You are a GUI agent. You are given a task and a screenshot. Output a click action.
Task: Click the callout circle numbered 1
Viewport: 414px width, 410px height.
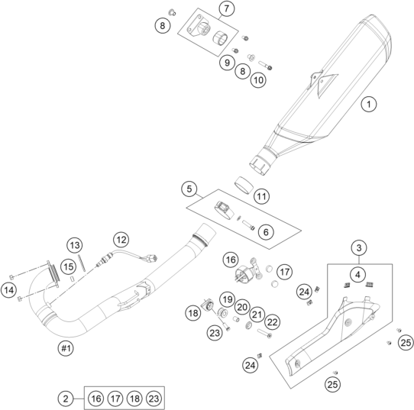[x=369, y=104]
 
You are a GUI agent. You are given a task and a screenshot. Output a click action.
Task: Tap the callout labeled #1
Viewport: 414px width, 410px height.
[x=66, y=348]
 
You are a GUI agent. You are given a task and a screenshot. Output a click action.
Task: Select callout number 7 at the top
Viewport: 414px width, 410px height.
[x=227, y=8]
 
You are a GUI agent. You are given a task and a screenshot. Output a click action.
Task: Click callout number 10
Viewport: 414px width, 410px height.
[x=258, y=79]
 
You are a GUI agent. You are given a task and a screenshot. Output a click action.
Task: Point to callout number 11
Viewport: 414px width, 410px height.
[x=261, y=196]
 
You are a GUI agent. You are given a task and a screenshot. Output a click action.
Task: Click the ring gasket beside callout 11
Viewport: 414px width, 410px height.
[x=244, y=185]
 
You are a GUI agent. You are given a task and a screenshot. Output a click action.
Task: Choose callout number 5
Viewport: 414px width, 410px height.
[x=189, y=189]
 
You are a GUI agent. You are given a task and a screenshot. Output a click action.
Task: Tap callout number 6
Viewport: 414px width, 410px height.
[x=266, y=232]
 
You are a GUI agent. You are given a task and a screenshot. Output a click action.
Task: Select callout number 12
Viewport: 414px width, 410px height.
[x=121, y=240]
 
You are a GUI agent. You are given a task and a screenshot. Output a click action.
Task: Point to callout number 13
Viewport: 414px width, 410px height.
[x=74, y=245]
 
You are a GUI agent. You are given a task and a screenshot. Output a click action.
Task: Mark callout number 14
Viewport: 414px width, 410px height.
[x=8, y=290]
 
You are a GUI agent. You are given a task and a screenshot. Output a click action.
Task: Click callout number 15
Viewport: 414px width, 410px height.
[x=68, y=266]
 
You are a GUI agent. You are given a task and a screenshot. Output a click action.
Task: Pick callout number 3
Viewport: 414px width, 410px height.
[x=359, y=247]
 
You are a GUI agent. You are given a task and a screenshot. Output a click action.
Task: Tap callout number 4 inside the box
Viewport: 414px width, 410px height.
[x=357, y=275]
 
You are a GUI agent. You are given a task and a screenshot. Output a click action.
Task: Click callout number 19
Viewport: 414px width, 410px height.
[x=228, y=299]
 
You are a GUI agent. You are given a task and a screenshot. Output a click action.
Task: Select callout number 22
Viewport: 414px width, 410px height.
[x=272, y=322]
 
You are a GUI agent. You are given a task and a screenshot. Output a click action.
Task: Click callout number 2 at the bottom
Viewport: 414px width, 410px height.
[x=66, y=399]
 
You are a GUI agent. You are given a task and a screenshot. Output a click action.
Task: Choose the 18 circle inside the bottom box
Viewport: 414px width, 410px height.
[x=134, y=399]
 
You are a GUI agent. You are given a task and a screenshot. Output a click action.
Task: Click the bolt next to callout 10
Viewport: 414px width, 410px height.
[x=265, y=65]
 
